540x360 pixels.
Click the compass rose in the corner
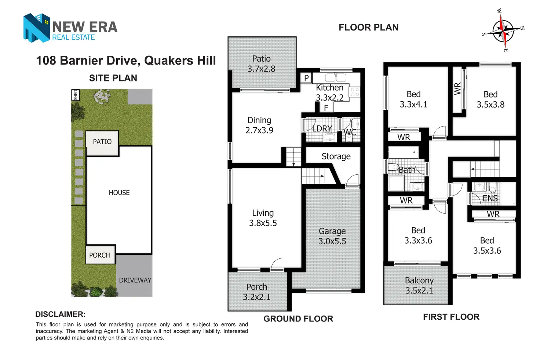tap(503, 31)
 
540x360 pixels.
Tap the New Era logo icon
tap(36, 28)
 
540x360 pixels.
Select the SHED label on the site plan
tap(75, 95)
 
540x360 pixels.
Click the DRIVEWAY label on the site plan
tap(135, 280)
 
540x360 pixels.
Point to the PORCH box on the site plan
tap(100, 255)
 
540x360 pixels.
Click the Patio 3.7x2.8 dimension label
tap(261, 64)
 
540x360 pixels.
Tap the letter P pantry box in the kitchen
tap(306, 78)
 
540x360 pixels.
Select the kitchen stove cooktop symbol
tap(355, 92)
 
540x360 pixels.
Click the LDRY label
tap(322, 128)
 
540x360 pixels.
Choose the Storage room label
tap(336, 156)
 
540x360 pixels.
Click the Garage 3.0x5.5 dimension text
tap(332, 236)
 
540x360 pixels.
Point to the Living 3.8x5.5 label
tap(263, 218)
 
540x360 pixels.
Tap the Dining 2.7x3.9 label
tap(259, 125)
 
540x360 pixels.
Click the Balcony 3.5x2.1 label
tap(419, 286)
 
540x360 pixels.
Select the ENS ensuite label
tap(490, 199)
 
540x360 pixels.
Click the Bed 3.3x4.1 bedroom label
tap(413, 99)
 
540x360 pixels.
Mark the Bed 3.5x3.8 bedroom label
tap(490, 99)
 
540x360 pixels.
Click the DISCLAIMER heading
tap(61, 314)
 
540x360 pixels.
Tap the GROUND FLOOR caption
tap(298, 319)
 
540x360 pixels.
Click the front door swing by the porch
tap(277, 264)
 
